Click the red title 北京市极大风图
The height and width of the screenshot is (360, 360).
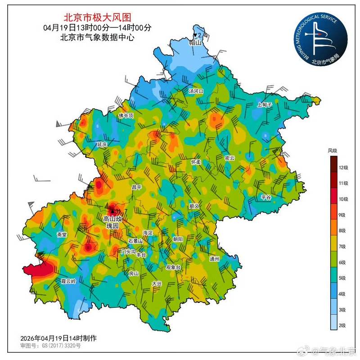click(x=97, y=18)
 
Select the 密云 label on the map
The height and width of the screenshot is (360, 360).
click(x=229, y=158)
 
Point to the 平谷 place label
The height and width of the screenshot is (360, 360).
click(x=267, y=197)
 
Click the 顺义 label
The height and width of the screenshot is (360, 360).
click(x=194, y=206)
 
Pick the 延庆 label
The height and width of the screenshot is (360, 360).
click(x=102, y=145)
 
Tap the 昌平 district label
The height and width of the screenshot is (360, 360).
click(x=136, y=186)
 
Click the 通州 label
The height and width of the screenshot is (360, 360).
click(x=215, y=259)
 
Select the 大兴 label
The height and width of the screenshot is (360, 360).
click(x=157, y=283)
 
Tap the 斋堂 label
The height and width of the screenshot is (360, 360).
click(x=62, y=234)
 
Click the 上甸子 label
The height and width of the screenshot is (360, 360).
click(x=265, y=104)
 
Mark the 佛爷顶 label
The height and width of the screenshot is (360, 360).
click(x=126, y=116)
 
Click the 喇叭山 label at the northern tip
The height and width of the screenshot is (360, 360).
click(x=195, y=43)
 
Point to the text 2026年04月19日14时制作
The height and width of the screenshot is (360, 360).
click(x=58, y=337)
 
